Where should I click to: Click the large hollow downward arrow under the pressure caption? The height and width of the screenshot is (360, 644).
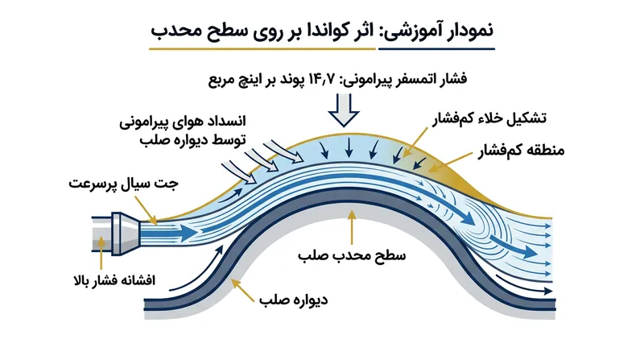344,110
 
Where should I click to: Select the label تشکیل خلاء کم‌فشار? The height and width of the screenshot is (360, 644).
489,118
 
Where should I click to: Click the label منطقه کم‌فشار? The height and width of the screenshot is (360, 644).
521,151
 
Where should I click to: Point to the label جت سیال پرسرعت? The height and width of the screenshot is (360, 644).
123,184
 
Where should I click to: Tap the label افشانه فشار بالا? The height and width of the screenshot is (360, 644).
114,281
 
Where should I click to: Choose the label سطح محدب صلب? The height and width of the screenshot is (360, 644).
352,255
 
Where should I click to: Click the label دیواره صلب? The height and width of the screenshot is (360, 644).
293,299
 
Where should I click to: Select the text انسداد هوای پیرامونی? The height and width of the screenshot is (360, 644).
183,122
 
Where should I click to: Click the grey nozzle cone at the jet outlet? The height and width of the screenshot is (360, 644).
126,234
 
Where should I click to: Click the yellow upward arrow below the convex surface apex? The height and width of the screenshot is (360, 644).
352,228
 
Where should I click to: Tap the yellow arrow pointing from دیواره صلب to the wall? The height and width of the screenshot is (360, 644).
245,290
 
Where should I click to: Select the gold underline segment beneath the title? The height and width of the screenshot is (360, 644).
262,49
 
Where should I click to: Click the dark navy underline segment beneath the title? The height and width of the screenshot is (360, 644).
436,49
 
